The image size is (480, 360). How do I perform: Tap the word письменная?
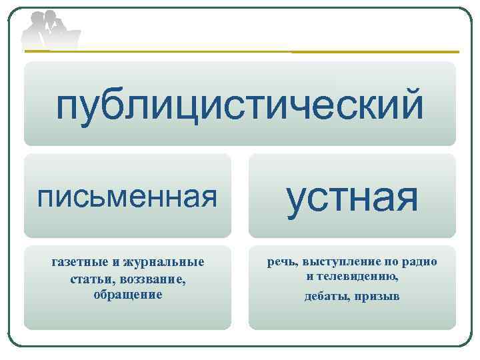[x=127, y=197]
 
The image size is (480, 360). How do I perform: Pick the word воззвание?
[x=153, y=278]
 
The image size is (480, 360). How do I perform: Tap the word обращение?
[x=128, y=294]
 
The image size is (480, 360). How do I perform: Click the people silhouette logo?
[x=50, y=30]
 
